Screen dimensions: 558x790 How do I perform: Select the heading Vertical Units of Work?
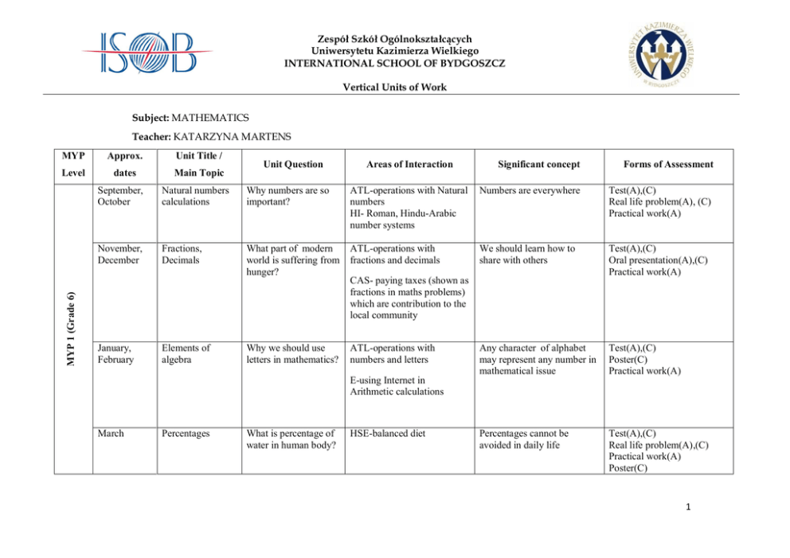pos(394,87)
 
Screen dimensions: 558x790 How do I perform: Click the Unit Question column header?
pos(284,164)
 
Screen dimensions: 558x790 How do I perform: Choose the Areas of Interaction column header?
pos(409,164)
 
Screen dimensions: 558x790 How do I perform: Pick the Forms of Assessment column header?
pos(668,164)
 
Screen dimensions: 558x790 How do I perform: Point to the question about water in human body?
pos(290,439)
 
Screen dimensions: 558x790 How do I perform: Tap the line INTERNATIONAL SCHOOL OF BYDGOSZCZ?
pos(394,63)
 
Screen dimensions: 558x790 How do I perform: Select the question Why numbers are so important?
pos(287,196)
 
